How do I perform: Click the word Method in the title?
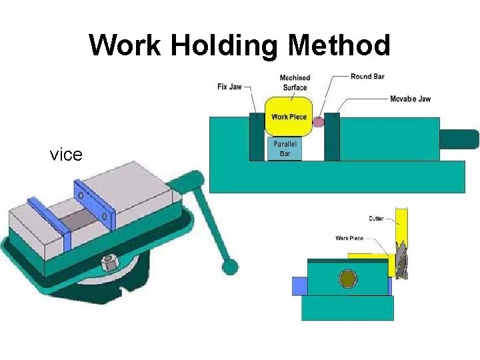339,45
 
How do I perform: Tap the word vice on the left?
66,155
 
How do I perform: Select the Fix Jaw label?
229,87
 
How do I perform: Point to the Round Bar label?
367,77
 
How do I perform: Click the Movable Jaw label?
410,99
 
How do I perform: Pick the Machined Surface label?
294,83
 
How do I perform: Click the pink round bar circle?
319,121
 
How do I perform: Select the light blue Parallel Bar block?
285,149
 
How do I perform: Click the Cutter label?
376,218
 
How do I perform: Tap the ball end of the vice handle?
230,267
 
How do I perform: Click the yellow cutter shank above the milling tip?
401,223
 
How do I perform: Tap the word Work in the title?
126,45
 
